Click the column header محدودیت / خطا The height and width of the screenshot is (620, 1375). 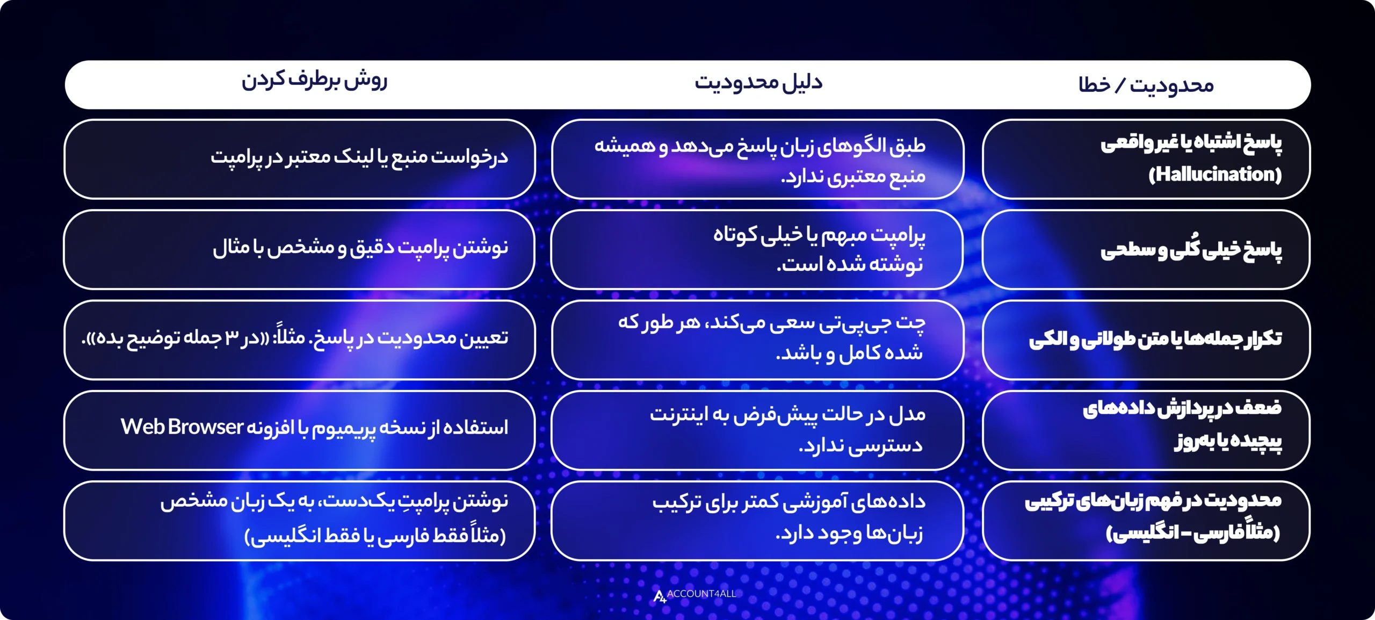pyautogui.click(x=1146, y=85)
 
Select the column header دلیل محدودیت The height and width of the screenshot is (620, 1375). pyautogui.click(x=758, y=83)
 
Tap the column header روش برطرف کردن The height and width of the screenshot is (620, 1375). pyautogui.click(x=314, y=81)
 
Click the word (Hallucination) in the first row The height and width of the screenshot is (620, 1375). pyautogui.click(x=1215, y=174)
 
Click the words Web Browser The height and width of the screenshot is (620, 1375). pyautogui.click(x=182, y=427)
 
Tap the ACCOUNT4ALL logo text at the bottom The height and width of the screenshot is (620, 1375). pyautogui.click(x=701, y=594)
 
